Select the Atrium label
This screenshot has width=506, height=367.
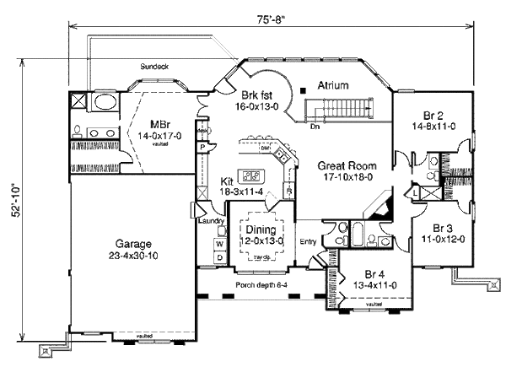[334, 85]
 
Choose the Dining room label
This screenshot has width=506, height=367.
[263, 229]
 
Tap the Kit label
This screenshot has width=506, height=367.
[226, 181]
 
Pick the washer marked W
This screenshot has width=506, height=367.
[218, 242]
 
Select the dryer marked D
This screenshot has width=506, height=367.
[218, 256]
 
